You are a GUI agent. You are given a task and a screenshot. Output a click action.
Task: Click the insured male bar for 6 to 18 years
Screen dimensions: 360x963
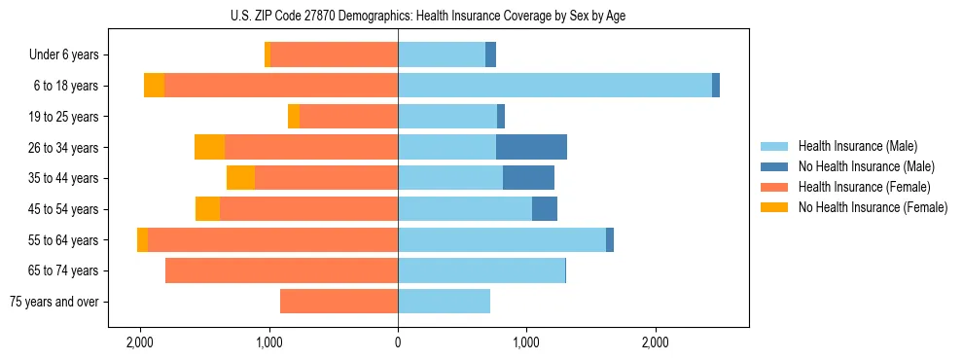coord(554,86)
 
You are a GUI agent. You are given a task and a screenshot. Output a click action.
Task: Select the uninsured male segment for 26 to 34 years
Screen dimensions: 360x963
coord(531,147)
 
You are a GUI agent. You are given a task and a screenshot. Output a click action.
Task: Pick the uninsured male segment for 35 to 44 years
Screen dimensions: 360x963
coord(528,178)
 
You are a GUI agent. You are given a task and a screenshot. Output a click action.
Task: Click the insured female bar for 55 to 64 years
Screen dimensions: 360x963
coord(272,239)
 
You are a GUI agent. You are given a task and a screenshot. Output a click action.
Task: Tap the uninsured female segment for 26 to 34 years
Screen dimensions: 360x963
coord(209,147)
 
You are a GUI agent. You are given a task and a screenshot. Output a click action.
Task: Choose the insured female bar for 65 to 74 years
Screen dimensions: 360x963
coord(281,270)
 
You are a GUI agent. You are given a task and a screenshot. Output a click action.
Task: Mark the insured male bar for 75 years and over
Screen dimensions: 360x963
coord(444,302)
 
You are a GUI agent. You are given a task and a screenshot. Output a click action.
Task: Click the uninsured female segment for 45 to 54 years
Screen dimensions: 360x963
coord(207,209)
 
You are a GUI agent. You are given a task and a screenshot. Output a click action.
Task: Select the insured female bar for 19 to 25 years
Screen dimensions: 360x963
coord(348,117)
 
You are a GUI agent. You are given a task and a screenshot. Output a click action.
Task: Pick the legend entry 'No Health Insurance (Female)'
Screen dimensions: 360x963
coord(873,207)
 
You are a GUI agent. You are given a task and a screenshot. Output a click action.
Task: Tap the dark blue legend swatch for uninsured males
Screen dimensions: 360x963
coord(774,166)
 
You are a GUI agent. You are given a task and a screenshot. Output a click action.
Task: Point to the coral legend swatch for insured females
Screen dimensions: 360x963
coord(774,187)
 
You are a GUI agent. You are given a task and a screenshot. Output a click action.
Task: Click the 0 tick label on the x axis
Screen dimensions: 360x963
coord(398,342)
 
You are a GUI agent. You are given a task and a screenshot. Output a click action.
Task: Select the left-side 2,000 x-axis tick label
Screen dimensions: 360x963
coord(140,342)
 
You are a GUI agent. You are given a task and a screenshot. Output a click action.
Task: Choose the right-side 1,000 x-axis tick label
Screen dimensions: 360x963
coord(526,342)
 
